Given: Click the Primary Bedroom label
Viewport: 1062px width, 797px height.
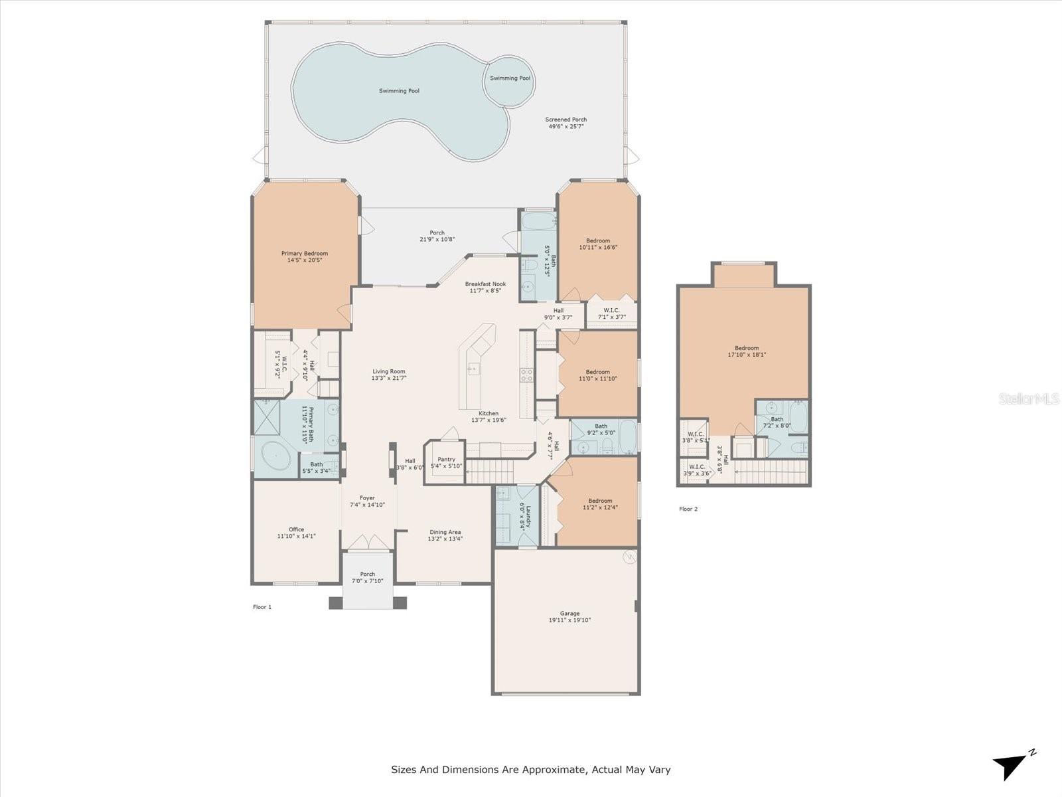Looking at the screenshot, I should coord(304,254).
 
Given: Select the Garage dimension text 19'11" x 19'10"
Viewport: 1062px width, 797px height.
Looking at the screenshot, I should coord(569,620).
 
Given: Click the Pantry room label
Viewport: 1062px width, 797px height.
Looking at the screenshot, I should coord(446,460).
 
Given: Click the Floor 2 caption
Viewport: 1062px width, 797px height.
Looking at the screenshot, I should coord(688,509).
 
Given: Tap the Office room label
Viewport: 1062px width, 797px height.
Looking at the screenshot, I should coord(296,529).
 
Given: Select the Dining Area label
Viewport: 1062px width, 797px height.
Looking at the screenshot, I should coord(445,532).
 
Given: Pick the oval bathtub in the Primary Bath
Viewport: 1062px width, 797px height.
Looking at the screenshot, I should coord(274,457).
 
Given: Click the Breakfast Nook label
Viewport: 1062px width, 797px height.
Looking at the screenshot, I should coord(485,284).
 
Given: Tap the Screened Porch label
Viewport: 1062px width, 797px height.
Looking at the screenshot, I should coord(566,120).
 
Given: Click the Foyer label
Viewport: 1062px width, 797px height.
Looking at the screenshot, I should coord(367,498).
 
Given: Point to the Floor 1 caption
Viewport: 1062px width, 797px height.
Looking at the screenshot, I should coord(262,607).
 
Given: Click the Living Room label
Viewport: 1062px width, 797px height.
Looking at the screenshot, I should coord(388,372).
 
